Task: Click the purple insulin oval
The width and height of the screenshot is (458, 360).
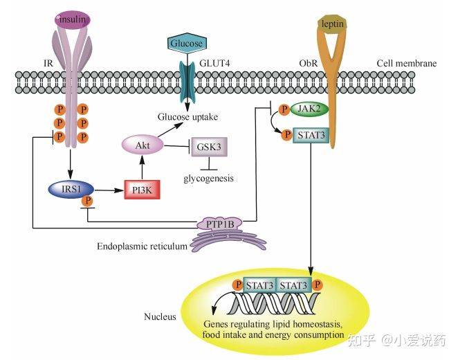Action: [x=73, y=19]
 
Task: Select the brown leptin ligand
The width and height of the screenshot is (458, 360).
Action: [x=332, y=24]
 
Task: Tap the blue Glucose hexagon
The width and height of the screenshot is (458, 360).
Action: [x=186, y=43]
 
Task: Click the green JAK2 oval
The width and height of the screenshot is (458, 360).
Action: [x=309, y=109]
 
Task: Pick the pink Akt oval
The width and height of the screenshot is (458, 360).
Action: [x=143, y=145]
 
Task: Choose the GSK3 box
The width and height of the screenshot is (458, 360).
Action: [x=209, y=147]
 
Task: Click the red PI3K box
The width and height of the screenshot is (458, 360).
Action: [x=143, y=190]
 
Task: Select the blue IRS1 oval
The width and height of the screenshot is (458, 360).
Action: [x=71, y=189]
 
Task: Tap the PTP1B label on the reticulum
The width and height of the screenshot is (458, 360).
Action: [x=220, y=224]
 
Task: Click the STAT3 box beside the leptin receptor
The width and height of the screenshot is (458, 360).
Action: [x=311, y=135]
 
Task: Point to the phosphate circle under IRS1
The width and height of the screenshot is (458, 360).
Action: [x=87, y=201]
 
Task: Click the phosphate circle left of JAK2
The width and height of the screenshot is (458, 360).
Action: [x=284, y=109]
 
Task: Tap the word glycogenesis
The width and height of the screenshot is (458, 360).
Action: [x=208, y=178]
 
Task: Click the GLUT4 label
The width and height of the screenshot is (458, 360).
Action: [x=214, y=63]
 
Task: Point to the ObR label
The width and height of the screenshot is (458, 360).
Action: [x=308, y=63]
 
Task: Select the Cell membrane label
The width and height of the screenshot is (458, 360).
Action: [x=407, y=63]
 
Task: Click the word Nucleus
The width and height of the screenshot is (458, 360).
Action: [x=160, y=317]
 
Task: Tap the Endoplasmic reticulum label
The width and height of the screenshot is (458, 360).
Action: [x=142, y=246]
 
